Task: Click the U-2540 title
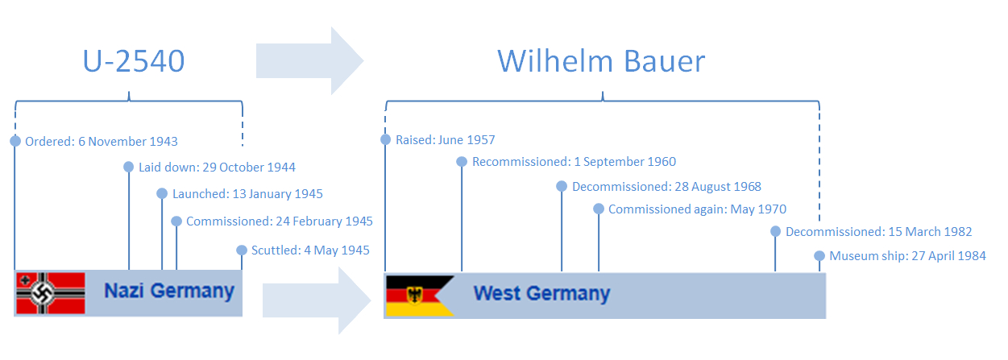coord(134,60)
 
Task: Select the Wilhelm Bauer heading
coord(601,60)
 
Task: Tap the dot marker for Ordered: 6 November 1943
coord(15,141)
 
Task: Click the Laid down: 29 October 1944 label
coord(217,168)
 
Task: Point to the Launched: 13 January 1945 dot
coord(162,193)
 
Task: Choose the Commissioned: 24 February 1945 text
coord(280,221)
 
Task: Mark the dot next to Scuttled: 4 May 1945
coord(242,250)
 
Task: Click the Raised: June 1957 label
coord(445,140)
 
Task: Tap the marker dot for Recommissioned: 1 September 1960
coord(462,162)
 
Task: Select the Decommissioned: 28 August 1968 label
coord(666,187)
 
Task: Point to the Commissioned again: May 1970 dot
coord(599,209)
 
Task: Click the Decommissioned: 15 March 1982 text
coord(879,232)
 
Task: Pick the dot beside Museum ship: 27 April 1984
coord(819,256)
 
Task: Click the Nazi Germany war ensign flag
coord(51,293)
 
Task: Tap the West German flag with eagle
coord(420,296)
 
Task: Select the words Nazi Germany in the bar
coord(169,291)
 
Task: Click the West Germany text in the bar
coord(541,293)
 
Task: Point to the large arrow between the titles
coord(309,60)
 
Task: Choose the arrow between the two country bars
coord(317,300)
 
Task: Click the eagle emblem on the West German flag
coord(414,296)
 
